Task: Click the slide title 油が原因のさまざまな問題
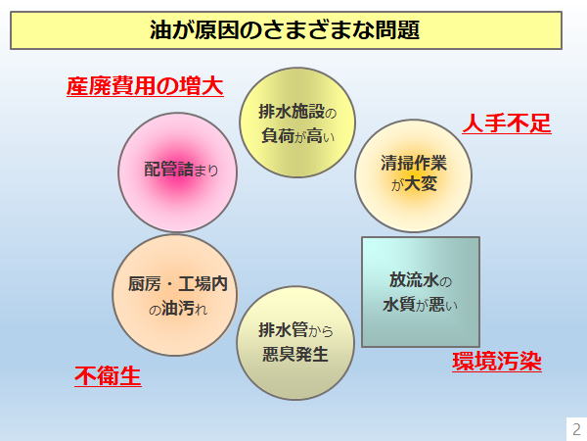pos(285,30)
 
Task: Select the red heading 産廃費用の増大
pos(145,86)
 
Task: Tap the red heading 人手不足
pos(507,123)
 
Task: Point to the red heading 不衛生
pos(108,375)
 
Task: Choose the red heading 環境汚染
pos(497,362)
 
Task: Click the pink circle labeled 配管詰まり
pos(178,172)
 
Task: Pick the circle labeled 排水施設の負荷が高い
pos(297,122)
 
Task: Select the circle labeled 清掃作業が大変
pos(413,175)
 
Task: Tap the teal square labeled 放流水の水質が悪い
pos(421,292)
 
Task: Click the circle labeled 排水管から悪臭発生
pos(295,343)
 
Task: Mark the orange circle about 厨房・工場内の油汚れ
pos(175,295)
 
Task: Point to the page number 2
pos(577,428)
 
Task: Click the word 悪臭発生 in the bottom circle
pos(295,355)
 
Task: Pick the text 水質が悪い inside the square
pos(421,305)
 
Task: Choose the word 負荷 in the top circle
pos(278,136)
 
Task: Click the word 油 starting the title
pos(160,30)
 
